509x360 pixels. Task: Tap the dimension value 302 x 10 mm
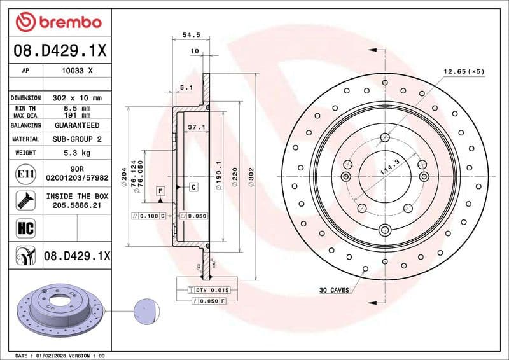77,99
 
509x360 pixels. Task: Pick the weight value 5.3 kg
77,153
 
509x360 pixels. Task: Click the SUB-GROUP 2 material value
77,139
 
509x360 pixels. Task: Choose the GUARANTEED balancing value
77,126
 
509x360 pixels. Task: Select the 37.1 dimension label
195,127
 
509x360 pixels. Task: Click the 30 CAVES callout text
334,290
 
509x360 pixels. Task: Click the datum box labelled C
192,187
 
